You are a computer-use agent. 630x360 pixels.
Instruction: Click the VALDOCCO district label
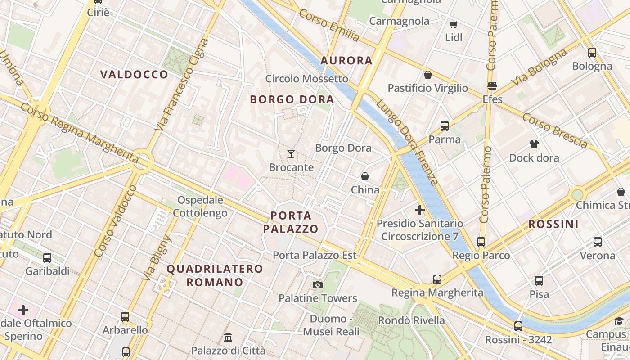coord(134,75)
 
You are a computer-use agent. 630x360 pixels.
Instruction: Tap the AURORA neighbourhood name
coord(346,61)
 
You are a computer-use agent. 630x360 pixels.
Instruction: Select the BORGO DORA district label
coord(292,99)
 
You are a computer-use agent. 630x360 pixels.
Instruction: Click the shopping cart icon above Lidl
coord(453,24)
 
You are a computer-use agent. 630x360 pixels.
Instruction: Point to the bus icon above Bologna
coord(592,53)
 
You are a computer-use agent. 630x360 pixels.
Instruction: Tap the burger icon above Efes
coord(492,85)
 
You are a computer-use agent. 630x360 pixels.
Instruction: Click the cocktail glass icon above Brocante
coord(291,154)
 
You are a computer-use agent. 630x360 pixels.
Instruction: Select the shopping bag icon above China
coord(365,176)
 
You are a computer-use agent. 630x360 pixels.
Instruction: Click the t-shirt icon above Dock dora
coord(534,144)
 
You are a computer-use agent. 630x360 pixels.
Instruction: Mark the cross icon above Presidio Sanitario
coord(419,210)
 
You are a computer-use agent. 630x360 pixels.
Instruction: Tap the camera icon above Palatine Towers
coord(318,285)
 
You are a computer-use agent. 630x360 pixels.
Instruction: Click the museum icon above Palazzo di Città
coord(228,337)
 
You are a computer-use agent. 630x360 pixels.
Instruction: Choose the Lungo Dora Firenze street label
coord(408,142)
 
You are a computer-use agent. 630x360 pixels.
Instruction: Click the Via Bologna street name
coord(540,67)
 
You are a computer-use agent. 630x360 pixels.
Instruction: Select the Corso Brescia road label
coord(555,130)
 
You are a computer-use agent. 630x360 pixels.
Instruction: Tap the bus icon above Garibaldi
coord(47,258)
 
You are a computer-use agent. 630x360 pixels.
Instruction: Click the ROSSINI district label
coord(553,224)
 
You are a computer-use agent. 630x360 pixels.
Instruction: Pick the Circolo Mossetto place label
coord(307,79)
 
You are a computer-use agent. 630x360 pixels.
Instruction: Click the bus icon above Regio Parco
coord(481,242)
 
